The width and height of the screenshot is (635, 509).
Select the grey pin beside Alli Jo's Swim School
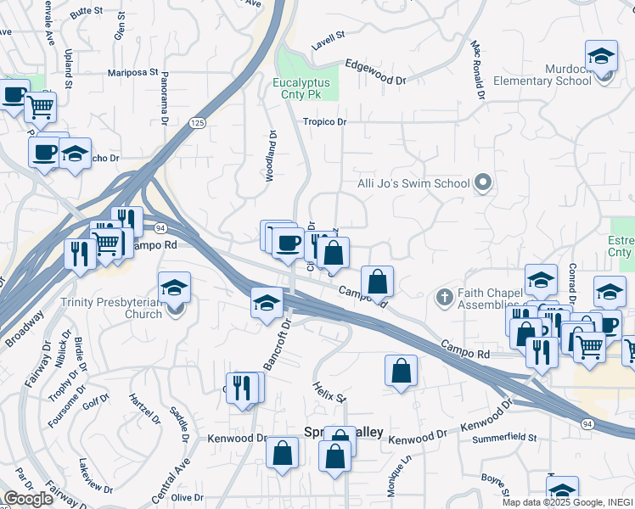[483, 182]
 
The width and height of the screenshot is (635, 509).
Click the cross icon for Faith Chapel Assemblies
[443, 298]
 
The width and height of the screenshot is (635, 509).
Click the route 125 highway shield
[197, 123]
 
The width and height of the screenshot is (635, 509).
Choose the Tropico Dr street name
[325, 122]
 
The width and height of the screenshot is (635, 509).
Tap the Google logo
[28, 499]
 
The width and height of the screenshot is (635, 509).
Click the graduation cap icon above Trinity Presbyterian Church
[174, 287]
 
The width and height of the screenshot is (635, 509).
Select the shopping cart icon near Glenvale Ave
[39, 107]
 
